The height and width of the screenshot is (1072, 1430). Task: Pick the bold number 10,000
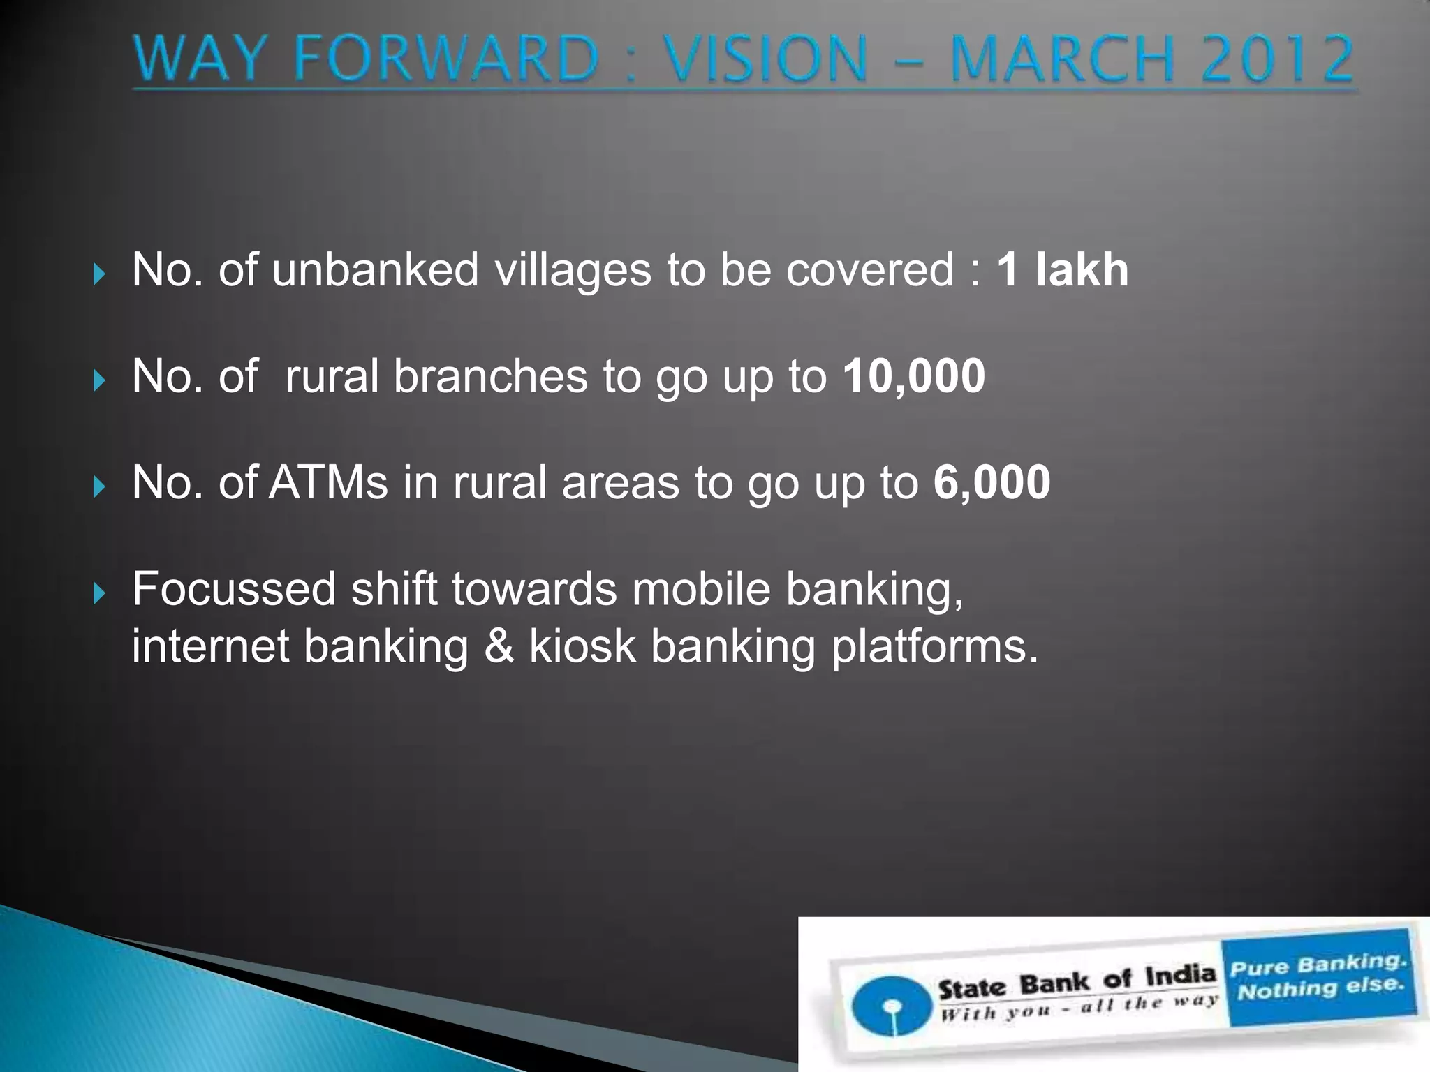point(913,376)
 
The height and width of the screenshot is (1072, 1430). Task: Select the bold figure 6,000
point(992,482)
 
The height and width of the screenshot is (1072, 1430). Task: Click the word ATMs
point(328,482)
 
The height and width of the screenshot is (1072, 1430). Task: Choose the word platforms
point(934,648)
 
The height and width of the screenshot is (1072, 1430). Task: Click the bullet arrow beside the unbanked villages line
point(98,274)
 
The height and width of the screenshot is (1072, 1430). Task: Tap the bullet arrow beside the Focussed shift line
point(98,594)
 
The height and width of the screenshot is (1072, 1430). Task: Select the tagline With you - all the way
point(1078,1007)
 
